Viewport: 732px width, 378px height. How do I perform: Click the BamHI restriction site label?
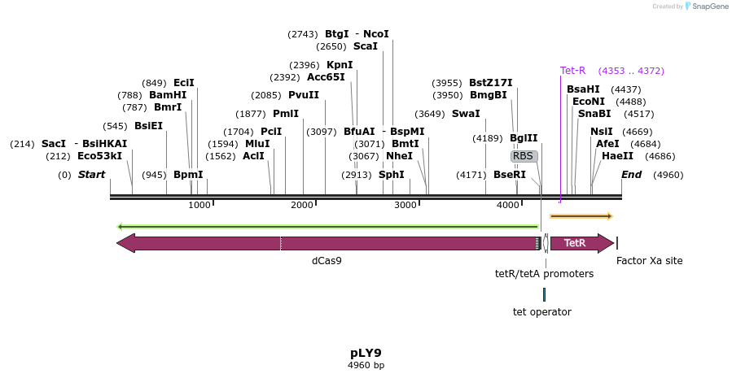click(x=167, y=95)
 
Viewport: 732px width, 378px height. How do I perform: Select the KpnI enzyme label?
click(x=340, y=65)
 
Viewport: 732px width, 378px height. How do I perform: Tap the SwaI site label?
click(x=466, y=114)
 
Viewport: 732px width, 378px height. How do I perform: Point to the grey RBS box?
click(x=524, y=156)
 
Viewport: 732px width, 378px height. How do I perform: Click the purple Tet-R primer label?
click(x=572, y=71)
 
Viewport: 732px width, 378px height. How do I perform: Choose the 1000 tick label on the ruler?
click(x=199, y=206)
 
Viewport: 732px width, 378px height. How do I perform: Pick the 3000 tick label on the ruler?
click(x=405, y=206)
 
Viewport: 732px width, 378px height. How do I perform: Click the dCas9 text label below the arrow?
click(x=327, y=261)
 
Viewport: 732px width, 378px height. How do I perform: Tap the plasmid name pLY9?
click(x=366, y=353)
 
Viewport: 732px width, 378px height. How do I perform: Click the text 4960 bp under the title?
click(x=366, y=366)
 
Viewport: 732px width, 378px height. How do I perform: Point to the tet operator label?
click(x=541, y=312)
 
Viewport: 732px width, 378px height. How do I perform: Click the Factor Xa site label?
click(x=649, y=261)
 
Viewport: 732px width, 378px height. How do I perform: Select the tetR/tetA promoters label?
click(x=544, y=274)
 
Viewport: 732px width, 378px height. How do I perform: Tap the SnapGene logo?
click(x=704, y=7)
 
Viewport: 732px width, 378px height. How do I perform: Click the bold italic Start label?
click(x=91, y=175)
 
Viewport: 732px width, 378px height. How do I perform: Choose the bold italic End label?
click(x=631, y=175)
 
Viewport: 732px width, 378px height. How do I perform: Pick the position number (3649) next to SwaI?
click(x=430, y=114)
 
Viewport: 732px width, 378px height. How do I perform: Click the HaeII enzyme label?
click(x=617, y=156)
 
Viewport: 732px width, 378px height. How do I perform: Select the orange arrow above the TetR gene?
click(x=581, y=216)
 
